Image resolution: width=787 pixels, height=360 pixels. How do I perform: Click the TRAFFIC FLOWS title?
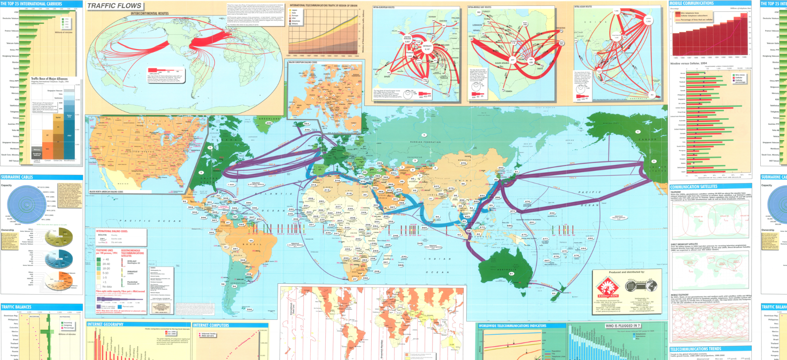(x=114, y=6)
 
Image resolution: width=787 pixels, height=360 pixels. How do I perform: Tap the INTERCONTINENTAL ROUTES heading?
(x=149, y=14)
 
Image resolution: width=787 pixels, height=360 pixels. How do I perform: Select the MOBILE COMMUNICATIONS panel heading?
(x=692, y=3)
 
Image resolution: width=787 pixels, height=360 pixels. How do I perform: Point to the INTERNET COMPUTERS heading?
(x=211, y=325)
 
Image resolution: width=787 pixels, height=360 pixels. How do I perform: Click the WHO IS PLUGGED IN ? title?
(x=622, y=326)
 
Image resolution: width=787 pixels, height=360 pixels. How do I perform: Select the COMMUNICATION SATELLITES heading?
(x=693, y=187)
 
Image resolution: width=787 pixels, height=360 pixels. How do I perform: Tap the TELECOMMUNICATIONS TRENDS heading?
(x=695, y=349)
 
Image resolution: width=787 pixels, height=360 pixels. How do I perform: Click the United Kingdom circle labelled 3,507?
(x=407, y=39)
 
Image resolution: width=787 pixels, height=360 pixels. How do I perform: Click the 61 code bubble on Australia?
(x=511, y=273)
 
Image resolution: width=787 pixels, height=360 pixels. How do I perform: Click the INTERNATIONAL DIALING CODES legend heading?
(x=112, y=231)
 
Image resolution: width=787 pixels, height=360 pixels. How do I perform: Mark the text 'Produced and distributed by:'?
(x=627, y=272)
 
